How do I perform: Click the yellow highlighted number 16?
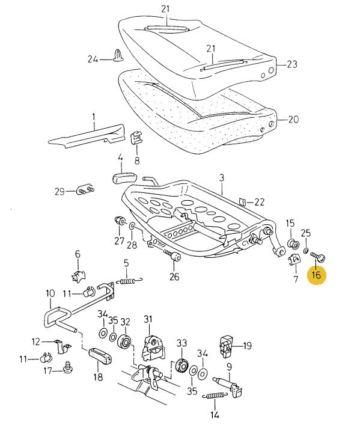point(316,275)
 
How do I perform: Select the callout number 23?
point(292,64)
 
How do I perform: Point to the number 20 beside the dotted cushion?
point(293,120)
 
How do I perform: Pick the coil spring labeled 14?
point(215,396)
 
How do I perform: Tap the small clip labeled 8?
point(136,138)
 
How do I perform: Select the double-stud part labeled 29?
point(85,190)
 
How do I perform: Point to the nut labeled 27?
point(120,221)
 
